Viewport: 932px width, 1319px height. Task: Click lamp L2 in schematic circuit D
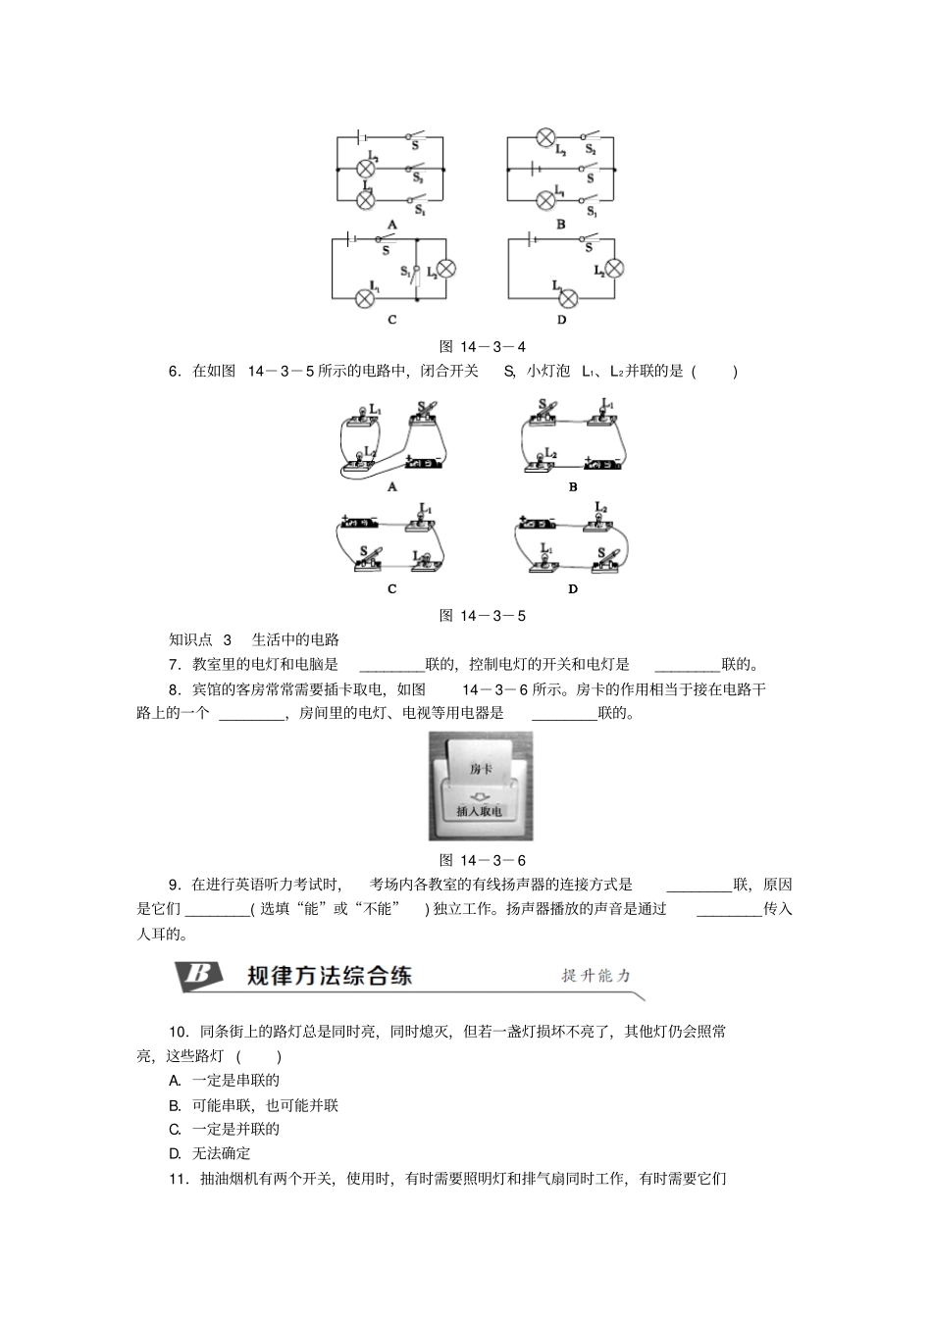[x=615, y=269]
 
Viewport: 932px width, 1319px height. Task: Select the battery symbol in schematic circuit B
[x=534, y=169]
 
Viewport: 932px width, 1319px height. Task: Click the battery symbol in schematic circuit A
[x=363, y=138]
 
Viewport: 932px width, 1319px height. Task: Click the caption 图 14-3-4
[x=483, y=346]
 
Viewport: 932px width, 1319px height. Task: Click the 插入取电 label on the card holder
[x=480, y=812]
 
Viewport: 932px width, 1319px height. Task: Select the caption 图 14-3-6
[x=483, y=860]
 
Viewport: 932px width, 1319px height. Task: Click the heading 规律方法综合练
[x=330, y=975]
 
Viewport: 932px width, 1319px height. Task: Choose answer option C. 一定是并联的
[x=225, y=1129]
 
